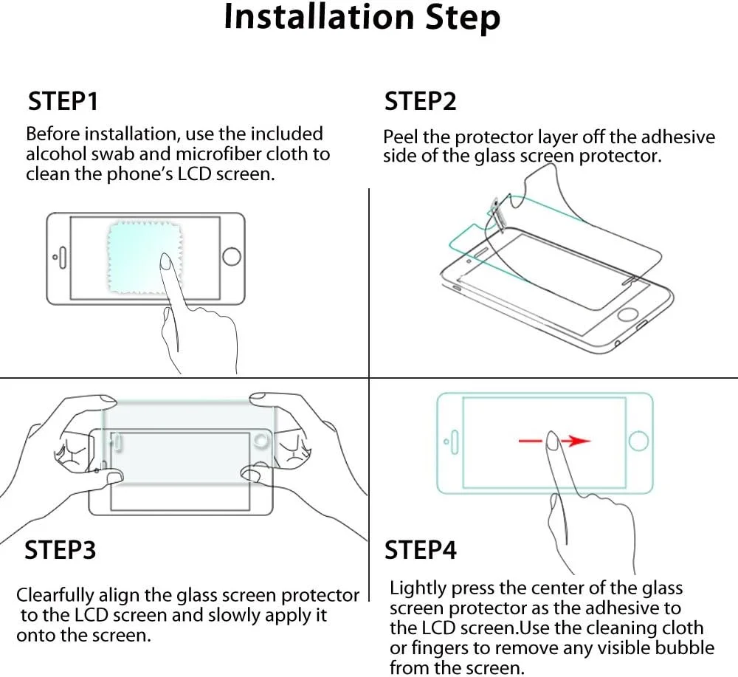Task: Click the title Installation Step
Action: [362, 18]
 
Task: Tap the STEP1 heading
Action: [63, 101]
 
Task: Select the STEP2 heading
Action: [421, 101]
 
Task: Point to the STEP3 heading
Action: [60, 549]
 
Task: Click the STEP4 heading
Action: [421, 549]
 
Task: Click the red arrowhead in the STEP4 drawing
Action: [579, 441]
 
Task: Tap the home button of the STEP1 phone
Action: [232, 257]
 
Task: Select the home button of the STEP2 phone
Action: [627, 314]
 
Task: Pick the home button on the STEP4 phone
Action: [638, 441]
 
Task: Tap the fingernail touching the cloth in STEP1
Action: [165, 261]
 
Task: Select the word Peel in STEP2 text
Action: [400, 137]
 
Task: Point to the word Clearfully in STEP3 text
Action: [55, 595]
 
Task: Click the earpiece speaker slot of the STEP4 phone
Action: [454, 441]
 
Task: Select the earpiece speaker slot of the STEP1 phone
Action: [63, 257]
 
